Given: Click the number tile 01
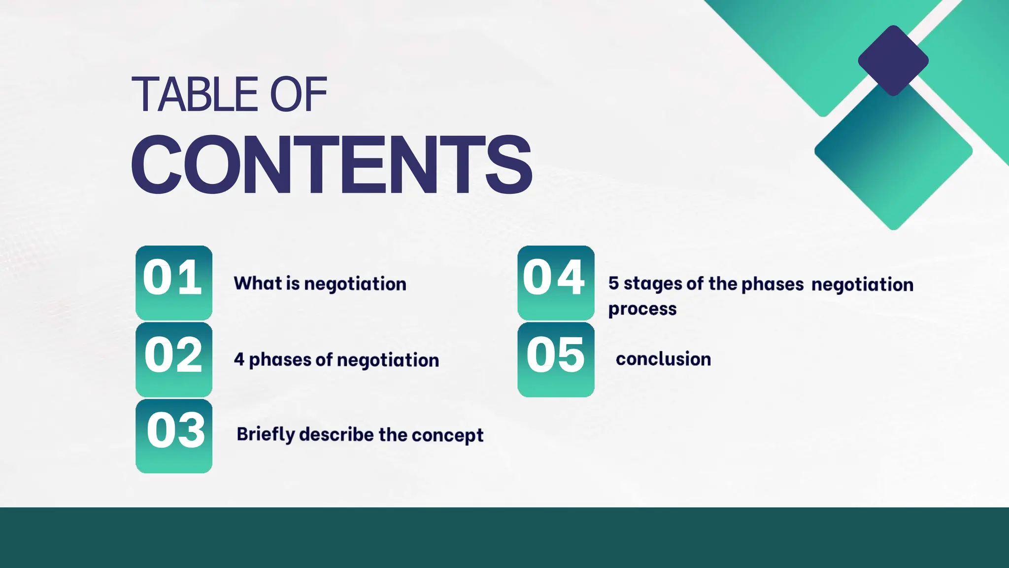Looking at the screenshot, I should pyautogui.click(x=174, y=283).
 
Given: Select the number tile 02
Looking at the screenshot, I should pyautogui.click(x=174, y=359).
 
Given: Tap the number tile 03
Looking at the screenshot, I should pyautogui.click(x=174, y=436).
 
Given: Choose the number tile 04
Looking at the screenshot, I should pyautogui.click(x=556, y=283).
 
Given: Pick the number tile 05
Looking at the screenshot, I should pyautogui.click(x=556, y=359).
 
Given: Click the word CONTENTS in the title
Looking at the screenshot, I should pyautogui.click(x=331, y=165).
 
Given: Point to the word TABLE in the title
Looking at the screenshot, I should pyautogui.click(x=195, y=95).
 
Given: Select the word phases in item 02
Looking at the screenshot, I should pyautogui.click(x=280, y=360).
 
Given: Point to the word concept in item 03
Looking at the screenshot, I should pyautogui.click(x=447, y=435).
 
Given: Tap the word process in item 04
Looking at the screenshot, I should pyautogui.click(x=642, y=309).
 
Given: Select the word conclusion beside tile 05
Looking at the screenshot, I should pyautogui.click(x=663, y=359).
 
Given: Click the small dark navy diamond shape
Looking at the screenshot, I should pyautogui.click(x=893, y=61).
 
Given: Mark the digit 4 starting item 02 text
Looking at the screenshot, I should pyautogui.click(x=239, y=359).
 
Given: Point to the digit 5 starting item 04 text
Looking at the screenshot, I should pyautogui.click(x=613, y=283).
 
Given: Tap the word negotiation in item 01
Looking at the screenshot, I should pyautogui.click(x=355, y=284).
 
